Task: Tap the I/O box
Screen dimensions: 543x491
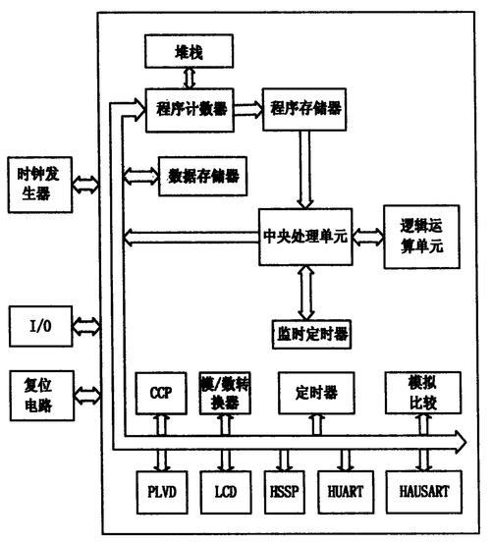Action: click(x=33, y=323)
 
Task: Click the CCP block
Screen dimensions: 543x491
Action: click(x=161, y=393)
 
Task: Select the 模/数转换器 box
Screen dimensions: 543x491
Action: click(x=227, y=393)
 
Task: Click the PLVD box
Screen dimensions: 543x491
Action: click(x=161, y=489)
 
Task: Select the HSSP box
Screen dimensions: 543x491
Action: click(x=285, y=489)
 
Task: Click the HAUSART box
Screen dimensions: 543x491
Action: click(x=421, y=489)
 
